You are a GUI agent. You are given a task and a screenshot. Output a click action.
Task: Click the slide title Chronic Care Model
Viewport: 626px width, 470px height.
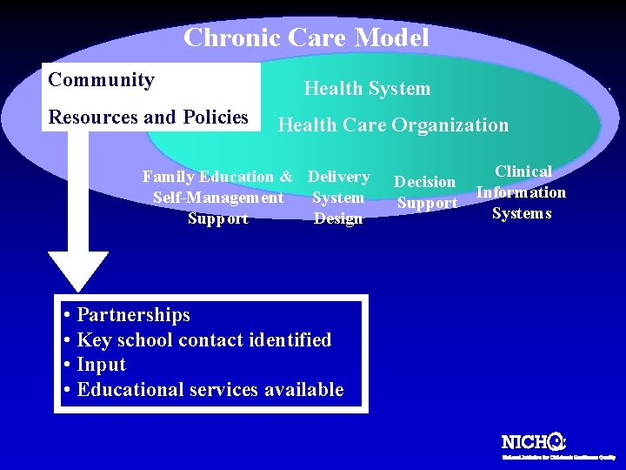(306, 37)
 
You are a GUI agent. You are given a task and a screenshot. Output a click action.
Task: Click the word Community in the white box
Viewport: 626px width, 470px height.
(102, 80)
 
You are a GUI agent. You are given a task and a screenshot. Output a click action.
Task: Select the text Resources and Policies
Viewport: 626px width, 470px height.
(149, 117)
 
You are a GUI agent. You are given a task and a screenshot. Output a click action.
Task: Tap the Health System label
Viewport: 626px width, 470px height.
(367, 88)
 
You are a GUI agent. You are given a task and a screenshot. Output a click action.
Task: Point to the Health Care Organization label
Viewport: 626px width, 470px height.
(393, 125)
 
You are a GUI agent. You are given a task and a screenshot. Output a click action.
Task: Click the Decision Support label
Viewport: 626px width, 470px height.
(426, 192)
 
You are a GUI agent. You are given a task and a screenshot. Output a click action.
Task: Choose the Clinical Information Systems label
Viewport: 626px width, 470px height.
(522, 192)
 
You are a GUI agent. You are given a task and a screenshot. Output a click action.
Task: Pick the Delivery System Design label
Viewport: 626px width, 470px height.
(338, 198)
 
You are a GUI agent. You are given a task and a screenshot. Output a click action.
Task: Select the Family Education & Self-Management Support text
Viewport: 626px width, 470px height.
(217, 198)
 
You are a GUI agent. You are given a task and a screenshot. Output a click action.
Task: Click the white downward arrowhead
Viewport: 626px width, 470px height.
(78, 270)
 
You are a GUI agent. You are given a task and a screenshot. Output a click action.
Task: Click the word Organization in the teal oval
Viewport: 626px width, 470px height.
(450, 125)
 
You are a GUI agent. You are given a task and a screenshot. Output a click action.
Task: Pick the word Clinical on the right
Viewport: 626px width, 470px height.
(523, 171)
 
